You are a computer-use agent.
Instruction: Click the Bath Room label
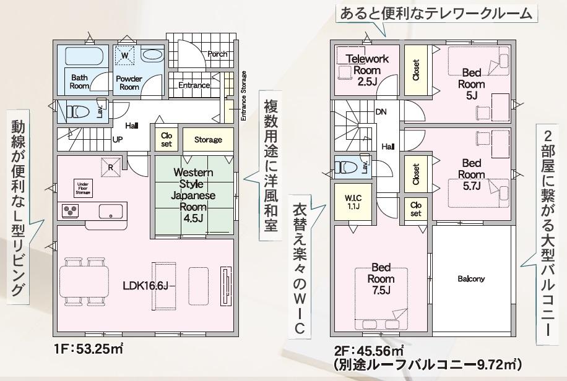click(80, 82)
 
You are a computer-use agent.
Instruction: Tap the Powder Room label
click(129, 83)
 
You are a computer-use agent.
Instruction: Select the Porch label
click(217, 54)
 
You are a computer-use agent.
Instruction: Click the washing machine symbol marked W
click(125, 56)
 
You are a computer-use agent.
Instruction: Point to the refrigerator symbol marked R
click(111, 167)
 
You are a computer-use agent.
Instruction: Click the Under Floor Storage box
click(83, 188)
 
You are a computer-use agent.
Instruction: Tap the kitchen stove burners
click(71, 211)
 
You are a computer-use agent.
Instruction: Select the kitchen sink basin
click(111, 211)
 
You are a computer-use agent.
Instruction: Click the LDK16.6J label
click(145, 286)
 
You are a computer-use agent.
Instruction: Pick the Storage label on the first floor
click(208, 140)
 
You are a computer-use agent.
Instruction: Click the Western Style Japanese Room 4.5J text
click(193, 195)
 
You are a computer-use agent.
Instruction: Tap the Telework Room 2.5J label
click(367, 70)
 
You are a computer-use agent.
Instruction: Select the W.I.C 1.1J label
click(353, 202)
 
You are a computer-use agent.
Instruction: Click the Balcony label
click(471, 279)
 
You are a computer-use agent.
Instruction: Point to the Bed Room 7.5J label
click(381, 279)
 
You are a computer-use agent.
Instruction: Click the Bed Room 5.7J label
click(472, 174)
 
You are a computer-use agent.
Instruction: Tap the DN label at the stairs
click(381, 112)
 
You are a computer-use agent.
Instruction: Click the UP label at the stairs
click(118, 139)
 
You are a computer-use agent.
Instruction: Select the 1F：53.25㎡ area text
click(89, 349)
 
